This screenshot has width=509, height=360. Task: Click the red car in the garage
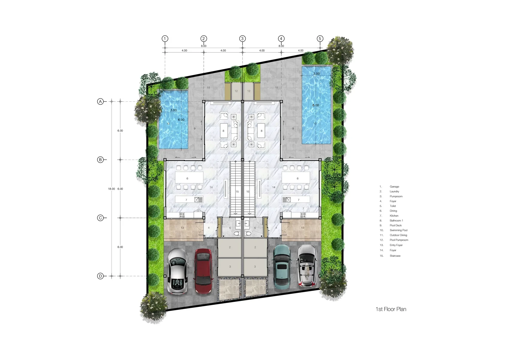tap(204, 271)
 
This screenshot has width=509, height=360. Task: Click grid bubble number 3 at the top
tap(242, 39)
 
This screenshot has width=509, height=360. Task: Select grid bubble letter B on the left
tap(100, 160)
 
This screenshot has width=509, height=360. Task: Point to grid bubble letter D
tap(100, 276)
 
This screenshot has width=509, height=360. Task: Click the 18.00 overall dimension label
tap(111, 189)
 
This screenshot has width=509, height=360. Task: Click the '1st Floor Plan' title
tap(391, 309)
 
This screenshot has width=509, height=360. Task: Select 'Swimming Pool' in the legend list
tap(399, 230)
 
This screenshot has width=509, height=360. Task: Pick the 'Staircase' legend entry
tap(395, 256)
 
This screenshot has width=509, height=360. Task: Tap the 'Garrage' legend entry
tap(394, 187)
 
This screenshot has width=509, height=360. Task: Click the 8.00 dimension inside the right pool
tap(316, 105)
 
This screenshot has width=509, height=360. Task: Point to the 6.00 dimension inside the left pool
tap(181, 120)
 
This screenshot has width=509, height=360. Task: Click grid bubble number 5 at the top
tap(320, 39)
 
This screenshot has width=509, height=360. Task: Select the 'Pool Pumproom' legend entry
tap(399, 240)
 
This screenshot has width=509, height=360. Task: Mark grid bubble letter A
tap(100, 102)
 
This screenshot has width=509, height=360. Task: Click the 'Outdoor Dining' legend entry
tap(398, 235)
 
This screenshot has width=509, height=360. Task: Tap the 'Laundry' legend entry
tap(394, 191)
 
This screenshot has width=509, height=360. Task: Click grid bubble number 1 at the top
tap(165, 39)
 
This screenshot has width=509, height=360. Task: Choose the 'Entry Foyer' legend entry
tap(396, 245)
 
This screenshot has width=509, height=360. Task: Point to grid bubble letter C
tap(100, 218)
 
